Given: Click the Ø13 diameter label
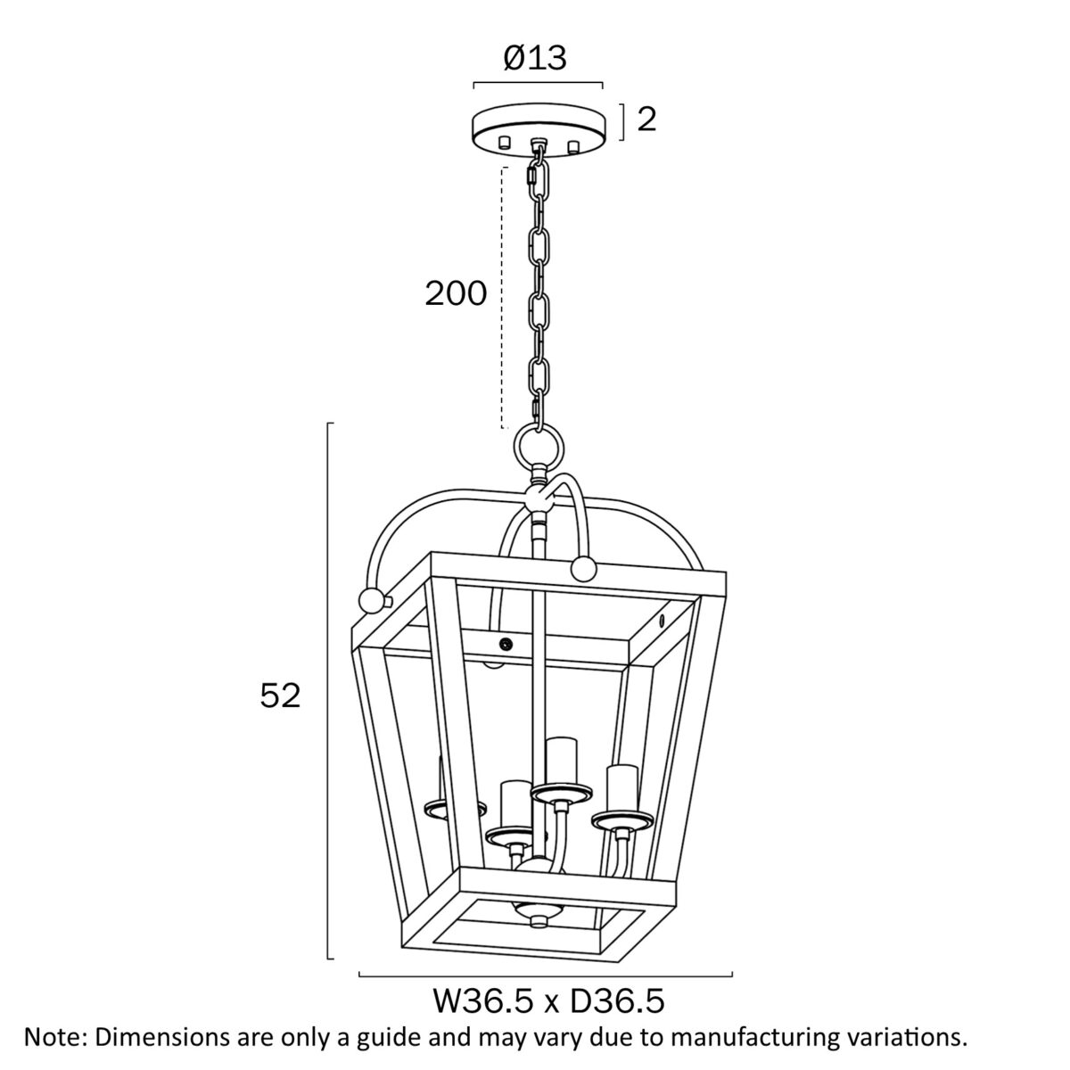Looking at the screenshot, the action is tap(535, 57).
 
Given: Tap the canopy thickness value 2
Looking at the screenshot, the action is tap(646, 119).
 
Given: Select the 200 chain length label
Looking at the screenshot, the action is tap(456, 293).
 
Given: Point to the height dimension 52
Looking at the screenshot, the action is tap(280, 695).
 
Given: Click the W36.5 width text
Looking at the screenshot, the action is tap(483, 1001).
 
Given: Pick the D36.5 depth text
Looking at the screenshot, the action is tap(616, 1001).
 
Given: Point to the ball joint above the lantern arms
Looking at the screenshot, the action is tap(539, 501).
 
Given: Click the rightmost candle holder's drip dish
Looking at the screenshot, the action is tap(622, 820).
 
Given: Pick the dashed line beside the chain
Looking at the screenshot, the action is tap(503, 298).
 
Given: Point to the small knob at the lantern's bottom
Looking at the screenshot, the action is tap(538, 923).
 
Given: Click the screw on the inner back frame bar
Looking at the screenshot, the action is tap(506, 644).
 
